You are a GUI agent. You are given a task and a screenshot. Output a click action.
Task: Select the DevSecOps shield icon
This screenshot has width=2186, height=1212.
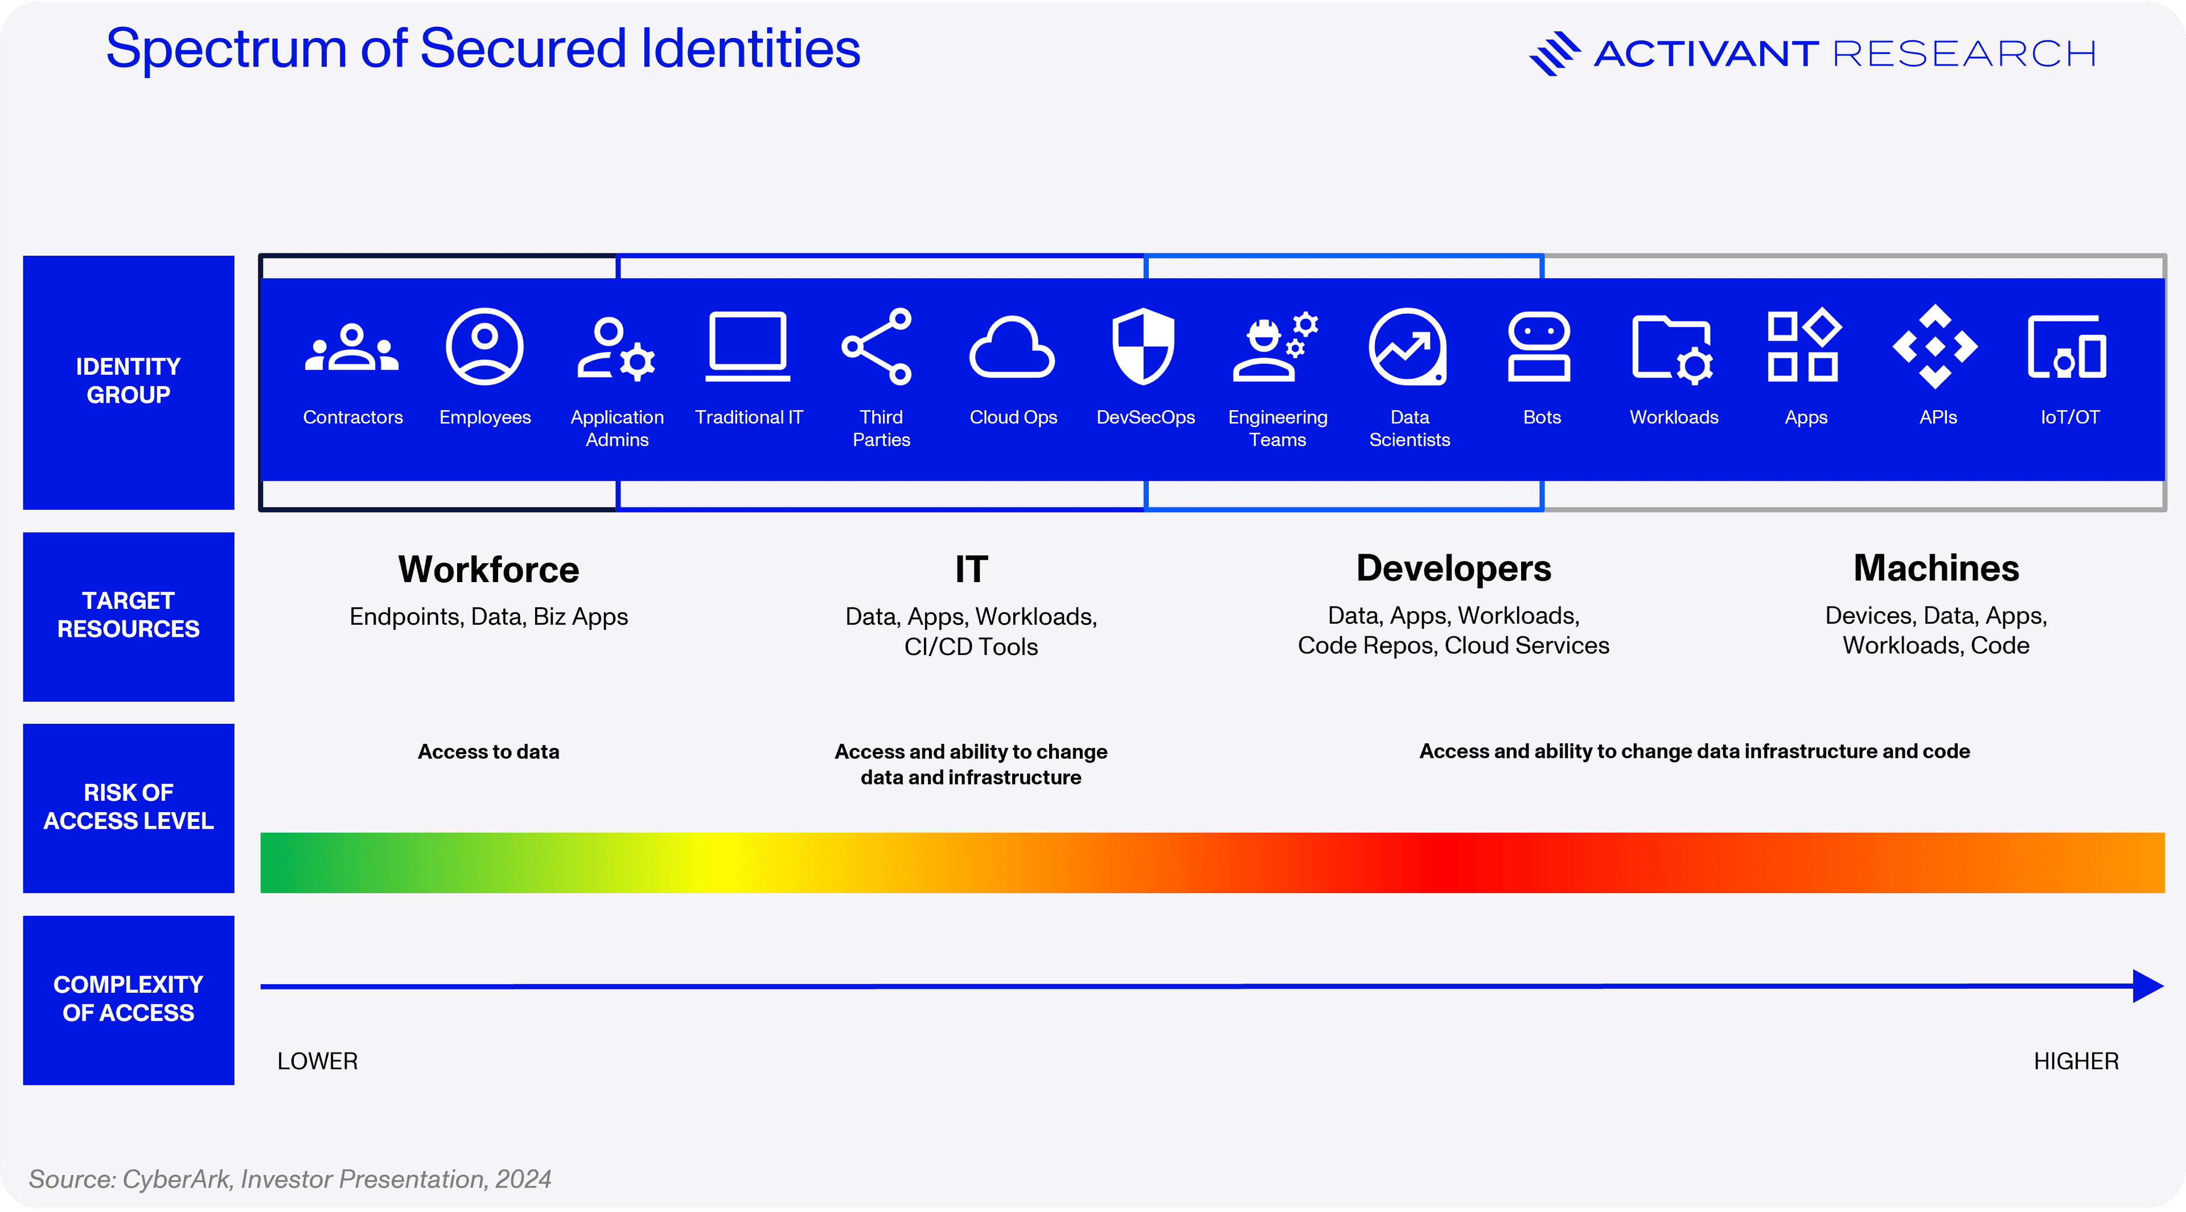(x=1144, y=346)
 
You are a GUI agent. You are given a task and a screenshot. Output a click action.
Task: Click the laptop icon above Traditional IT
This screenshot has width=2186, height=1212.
(x=747, y=346)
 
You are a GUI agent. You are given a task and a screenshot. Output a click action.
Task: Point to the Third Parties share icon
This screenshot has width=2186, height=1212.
(x=877, y=346)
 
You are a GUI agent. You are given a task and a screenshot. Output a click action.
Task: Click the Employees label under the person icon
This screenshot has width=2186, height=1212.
(x=484, y=417)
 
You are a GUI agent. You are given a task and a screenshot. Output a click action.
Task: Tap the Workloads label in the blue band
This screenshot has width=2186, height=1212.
(x=1674, y=417)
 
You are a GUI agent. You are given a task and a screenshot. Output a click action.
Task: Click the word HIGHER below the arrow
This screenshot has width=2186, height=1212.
(x=2076, y=1061)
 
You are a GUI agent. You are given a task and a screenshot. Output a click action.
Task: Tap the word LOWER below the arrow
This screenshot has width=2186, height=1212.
(x=318, y=1061)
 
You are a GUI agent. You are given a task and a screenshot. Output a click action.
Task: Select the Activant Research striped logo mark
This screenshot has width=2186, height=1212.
(x=1555, y=54)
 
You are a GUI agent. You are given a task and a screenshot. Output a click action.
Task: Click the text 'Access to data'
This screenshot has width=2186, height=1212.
(x=489, y=751)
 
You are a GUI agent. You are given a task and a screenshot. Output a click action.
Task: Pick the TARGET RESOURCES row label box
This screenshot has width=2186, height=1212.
(x=128, y=617)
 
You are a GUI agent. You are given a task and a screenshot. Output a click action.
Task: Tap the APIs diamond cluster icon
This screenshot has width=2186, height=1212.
(x=1935, y=346)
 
